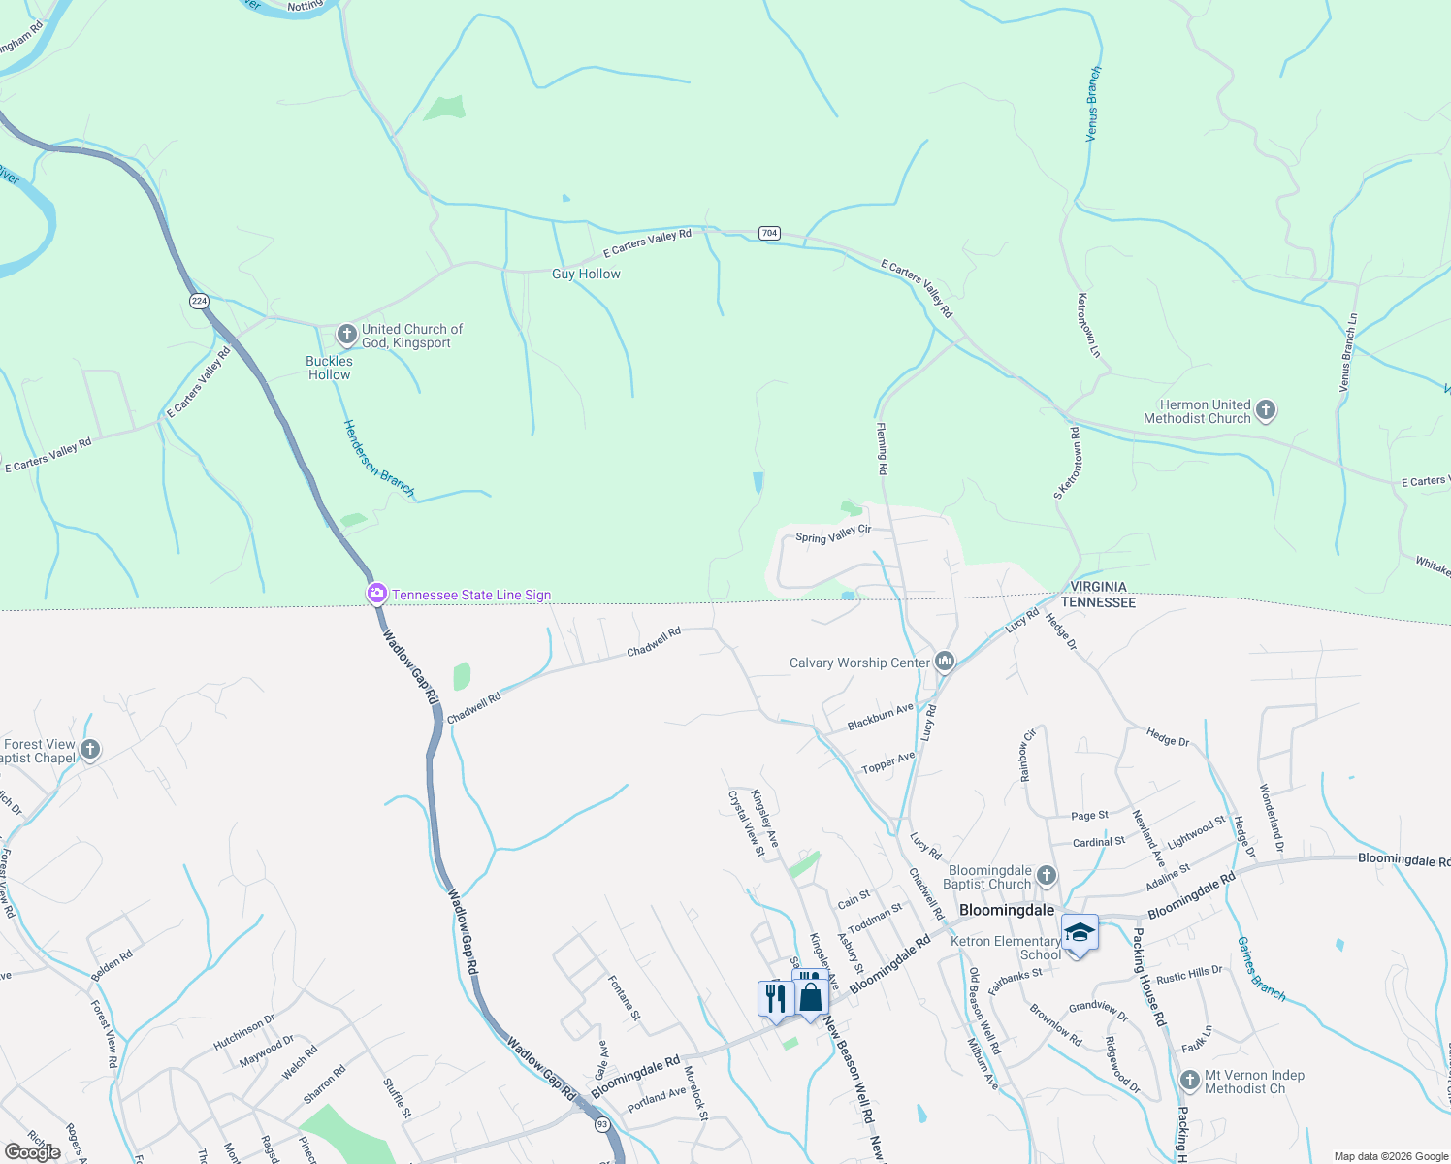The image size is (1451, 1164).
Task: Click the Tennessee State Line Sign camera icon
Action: pos(376,594)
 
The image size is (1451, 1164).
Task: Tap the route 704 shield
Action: pos(769,233)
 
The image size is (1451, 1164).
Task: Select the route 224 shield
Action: pos(199,301)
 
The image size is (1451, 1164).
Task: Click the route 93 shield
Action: pos(602,1124)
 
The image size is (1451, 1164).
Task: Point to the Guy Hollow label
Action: pos(586,275)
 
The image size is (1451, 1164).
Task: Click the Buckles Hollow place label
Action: pos(329,368)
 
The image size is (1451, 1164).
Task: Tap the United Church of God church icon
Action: pos(346,335)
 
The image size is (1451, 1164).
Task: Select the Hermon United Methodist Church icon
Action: pos(1265,410)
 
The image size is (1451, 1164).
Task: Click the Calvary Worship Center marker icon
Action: pos(945,662)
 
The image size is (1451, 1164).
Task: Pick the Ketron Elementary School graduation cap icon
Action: pos(1080,933)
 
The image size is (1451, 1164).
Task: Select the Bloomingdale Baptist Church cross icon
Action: pos(1046,876)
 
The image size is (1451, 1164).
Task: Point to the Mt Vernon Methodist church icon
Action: pos(1190,1081)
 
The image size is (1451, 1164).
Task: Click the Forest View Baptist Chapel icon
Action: pos(89,750)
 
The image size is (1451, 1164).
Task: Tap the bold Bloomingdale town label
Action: pos(1006,911)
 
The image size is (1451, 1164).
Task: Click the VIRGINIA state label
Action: pos(1098,587)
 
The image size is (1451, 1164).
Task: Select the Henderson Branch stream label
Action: pos(379,460)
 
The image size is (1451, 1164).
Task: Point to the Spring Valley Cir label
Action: pos(833,534)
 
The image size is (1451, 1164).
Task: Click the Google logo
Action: pos(32,1152)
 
